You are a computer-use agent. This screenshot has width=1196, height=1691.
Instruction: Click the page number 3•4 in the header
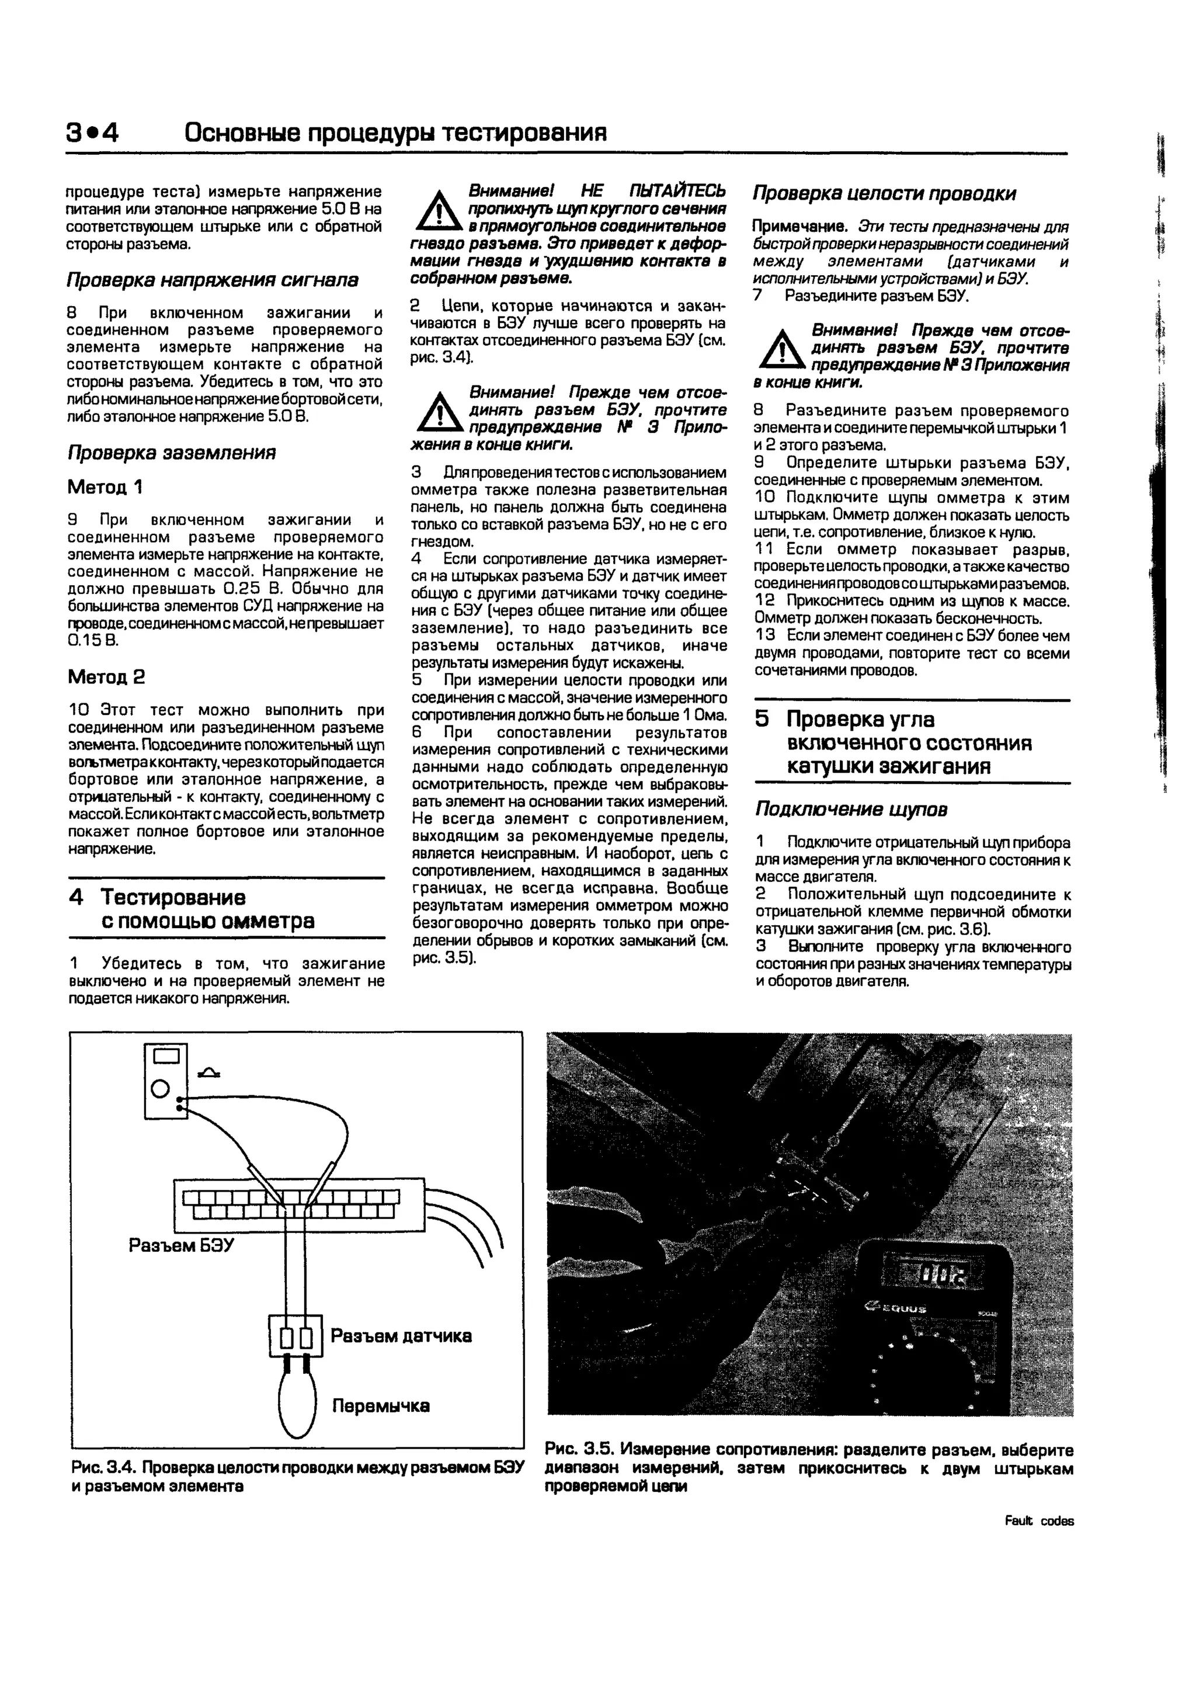tap(92, 133)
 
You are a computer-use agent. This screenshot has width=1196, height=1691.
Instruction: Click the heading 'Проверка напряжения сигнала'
tap(212, 280)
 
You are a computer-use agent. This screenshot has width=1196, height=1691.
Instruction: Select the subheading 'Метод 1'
tap(105, 487)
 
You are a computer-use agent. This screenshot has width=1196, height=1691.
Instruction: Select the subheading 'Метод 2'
tap(106, 677)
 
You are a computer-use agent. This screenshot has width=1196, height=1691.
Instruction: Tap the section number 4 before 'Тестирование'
tap(76, 897)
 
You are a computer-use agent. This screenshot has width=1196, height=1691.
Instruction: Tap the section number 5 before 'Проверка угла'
tap(762, 719)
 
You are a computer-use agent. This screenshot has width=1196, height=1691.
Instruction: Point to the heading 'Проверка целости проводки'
tap(884, 194)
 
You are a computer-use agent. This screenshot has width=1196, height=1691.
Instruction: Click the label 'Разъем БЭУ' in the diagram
tap(181, 1245)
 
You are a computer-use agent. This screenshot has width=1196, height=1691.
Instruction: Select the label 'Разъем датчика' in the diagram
tap(401, 1336)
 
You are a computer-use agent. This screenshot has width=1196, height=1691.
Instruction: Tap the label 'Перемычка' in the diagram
tap(381, 1406)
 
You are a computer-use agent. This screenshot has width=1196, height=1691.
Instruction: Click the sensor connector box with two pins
tap(296, 1336)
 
